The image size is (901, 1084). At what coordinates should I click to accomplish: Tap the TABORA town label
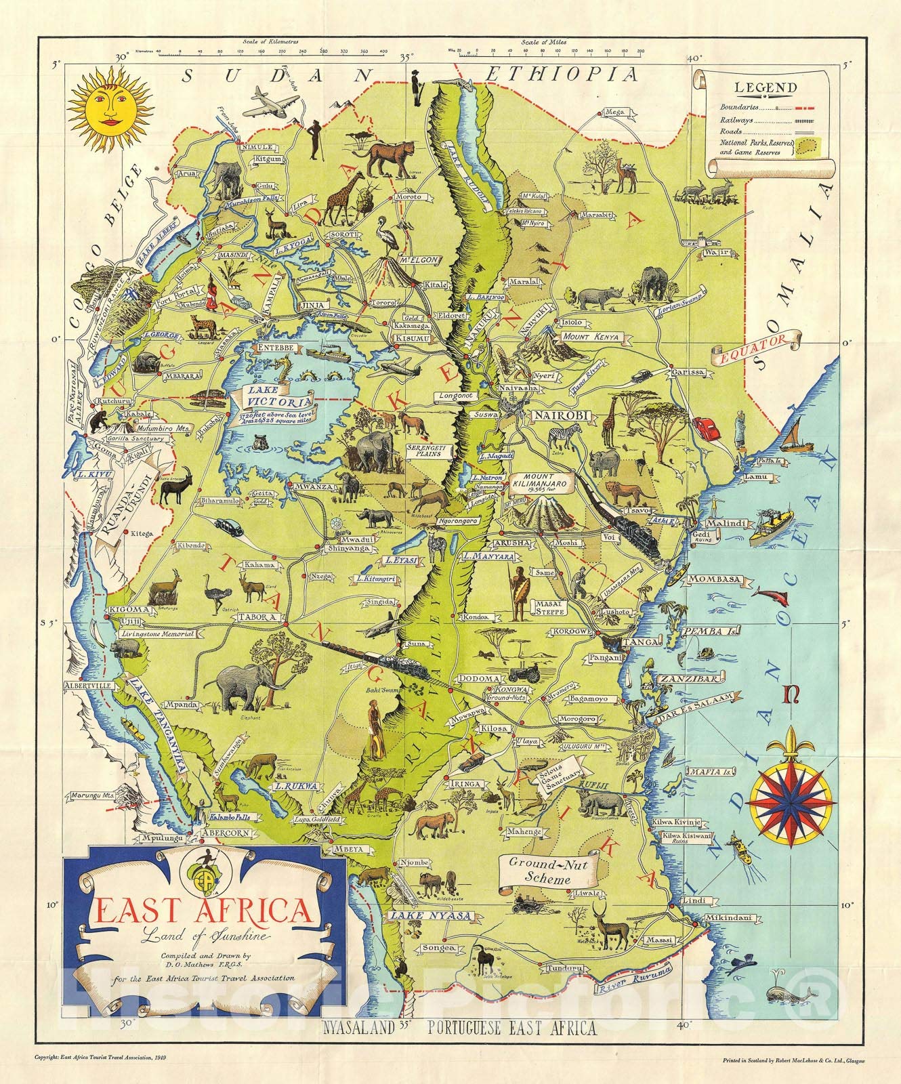(x=256, y=617)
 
